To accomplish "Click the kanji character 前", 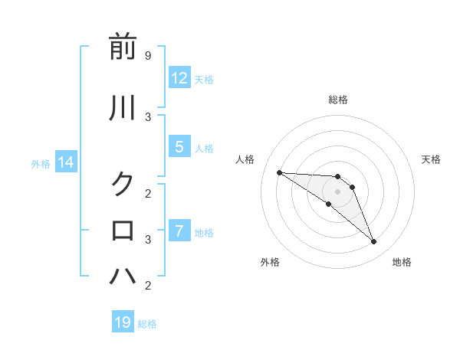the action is tap(123, 47).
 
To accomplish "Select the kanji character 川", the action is tap(123, 109).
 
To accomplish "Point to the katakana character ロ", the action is tap(123, 230).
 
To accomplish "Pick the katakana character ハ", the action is tap(123, 276).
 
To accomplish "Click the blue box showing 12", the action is tap(179, 78).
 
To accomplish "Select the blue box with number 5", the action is tap(179, 147).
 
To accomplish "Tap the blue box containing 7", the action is tap(179, 231).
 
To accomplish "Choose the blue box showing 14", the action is tap(66, 162).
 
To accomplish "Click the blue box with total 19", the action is tap(123, 322).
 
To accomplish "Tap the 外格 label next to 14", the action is tap(41, 163).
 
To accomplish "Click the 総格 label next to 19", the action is tap(147, 324).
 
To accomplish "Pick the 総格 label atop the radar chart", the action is tap(338, 100).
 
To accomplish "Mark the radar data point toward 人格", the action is tap(279, 172).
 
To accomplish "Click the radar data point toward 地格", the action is tap(374, 242).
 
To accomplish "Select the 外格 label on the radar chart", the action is tap(270, 262).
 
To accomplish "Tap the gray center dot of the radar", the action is tap(338, 191).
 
